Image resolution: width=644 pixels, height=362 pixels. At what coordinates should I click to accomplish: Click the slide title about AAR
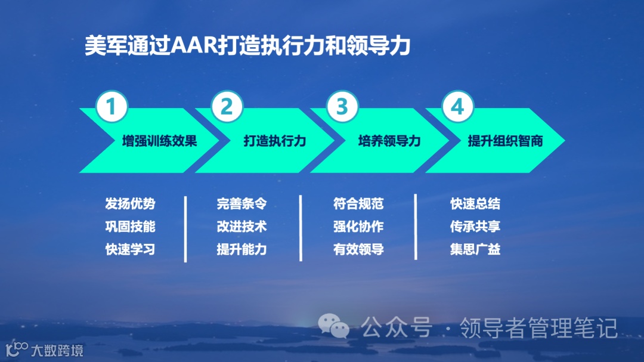(x=247, y=46)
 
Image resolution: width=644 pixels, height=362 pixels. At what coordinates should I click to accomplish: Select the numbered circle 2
(x=227, y=107)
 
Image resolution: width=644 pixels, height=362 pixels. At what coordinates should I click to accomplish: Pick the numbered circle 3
(x=342, y=107)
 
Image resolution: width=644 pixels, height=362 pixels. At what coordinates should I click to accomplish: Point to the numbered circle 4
(x=457, y=107)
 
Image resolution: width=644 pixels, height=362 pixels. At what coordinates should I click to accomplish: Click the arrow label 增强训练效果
(x=159, y=141)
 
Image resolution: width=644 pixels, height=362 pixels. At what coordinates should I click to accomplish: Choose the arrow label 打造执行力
(x=274, y=141)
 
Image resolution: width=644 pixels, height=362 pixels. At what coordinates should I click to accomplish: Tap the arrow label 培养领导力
(x=389, y=141)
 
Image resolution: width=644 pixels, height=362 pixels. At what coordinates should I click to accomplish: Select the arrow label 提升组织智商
(x=505, y=141)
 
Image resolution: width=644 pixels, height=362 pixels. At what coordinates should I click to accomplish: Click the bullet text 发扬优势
(x=130, y=204)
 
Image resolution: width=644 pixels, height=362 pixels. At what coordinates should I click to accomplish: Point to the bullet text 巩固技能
(x=130, y=227)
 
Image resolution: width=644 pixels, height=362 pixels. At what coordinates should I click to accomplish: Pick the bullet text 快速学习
(x=130, y=249)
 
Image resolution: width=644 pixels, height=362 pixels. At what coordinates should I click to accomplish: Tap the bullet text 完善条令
(x=241, y=204)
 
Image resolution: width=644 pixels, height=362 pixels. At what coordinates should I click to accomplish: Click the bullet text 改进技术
(x=241, y=227)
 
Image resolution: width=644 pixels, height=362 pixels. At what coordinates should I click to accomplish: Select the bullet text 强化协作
(x=358, y=227)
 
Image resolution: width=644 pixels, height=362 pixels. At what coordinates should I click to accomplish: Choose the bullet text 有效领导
(x=358, y=249)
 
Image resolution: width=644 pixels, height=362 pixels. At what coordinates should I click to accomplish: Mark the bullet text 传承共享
(x=475, y=227)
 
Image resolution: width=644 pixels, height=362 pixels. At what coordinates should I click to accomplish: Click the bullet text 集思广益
(x=475, y=249)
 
